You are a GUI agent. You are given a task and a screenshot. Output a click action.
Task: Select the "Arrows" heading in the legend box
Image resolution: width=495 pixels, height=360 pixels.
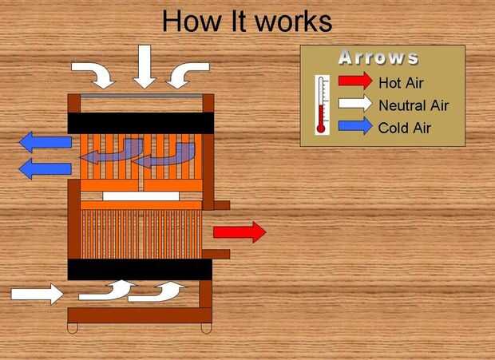pyautogui.click(x=378, y=57)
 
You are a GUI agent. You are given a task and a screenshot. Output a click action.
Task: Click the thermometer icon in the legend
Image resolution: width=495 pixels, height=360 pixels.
pyautogui.click(x=322, y=104)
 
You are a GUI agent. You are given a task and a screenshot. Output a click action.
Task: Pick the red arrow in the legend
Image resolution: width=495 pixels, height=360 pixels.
pyautogui.click(x=354, y=81)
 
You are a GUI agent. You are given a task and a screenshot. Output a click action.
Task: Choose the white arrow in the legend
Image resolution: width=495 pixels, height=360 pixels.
pyautogui.click(x=354, y=103)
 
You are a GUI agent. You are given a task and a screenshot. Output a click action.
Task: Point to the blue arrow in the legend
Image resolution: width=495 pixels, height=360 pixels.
pyautogui.click(x=354, y=125)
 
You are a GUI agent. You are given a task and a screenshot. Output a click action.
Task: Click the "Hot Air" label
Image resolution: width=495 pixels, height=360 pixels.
pyautogui.click(x=401, y=81)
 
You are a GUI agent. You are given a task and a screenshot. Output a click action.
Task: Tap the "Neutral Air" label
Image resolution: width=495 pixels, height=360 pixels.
pyautogui.click(x=413, y=105)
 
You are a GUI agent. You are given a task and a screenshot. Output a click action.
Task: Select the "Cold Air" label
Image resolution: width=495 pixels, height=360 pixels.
pyautogui.click(x=404, y=127)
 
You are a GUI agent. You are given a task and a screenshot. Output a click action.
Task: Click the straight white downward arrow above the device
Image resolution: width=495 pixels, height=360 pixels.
pyautogui.click(x=145, y=65)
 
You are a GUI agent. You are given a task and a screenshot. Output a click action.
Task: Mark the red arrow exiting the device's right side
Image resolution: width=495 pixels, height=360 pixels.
pyautogui.click(x=239, y=232)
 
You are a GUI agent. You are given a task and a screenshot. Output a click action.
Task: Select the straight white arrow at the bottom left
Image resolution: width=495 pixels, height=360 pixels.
pyautogui.click(x=37, y=294)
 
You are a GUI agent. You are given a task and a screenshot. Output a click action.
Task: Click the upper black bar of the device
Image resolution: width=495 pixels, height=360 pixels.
pyautogui.click(x=140, y=123)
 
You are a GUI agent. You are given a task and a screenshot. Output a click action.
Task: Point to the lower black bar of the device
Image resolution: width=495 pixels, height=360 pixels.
pyautogui.click(x=140, y=269)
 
